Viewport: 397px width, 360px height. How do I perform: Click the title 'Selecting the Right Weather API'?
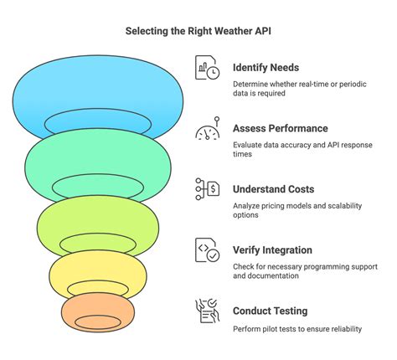[198, 31]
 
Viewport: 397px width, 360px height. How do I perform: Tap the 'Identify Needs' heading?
[266, 68]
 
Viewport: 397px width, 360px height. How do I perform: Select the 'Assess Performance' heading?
[281, 128]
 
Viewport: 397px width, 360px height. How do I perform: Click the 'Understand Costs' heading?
[273, 189]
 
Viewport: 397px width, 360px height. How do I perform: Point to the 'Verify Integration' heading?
[272, 250]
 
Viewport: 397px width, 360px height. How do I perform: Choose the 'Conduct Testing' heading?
[271, 311]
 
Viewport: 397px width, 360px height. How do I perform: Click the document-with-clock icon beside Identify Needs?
[207, 68]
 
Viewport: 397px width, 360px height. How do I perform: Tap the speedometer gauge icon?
[207, 128]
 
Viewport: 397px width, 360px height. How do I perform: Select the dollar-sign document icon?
[207, 189]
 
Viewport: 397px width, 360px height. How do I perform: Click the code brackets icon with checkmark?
[207, 250]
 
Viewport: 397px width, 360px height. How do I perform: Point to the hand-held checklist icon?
[207, 311]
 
